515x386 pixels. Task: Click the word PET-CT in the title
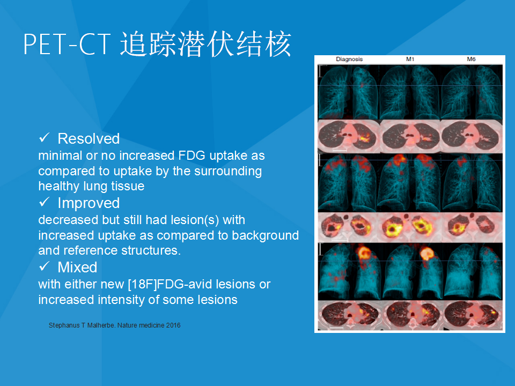point(67,44)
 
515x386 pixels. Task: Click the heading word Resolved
point(89,138)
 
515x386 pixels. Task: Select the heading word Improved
point(89,203)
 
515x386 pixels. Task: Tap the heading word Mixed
point(77,267)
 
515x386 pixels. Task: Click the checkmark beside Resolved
point(44,138)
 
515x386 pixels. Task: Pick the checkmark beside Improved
point(44,202)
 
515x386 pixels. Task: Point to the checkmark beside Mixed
point(44,266)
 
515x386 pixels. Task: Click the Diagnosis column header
point(349,59)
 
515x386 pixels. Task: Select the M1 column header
point(410,59)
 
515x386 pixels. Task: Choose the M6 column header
point(471,59)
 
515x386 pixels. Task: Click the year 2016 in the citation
point(173,325)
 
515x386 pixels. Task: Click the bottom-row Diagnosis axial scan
point(349,315)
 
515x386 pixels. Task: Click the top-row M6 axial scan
point(472,136)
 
